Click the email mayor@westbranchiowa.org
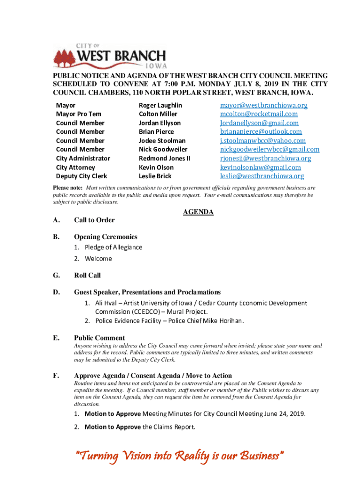pyautogui.click(x=264, y=105)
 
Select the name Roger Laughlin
pyautogui.click(x=160, y=105)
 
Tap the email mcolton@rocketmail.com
pyautogui.click(x=259, y=114)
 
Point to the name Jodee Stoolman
pyautogui.click(x=162, y=141)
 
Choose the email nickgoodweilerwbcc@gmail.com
pyautogui.click(x=270, y=149)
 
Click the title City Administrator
pyautogui.click(x=83, y=158)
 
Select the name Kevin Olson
pyautogui.click(x=156, y=167)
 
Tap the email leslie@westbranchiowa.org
pyautogui.click(x=262, y=176)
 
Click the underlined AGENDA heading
pyautogui.click(x=198, y=212)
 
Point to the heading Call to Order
pyautogui.click(x=94, y=220)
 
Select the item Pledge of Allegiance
pyautogui.click(x=114, y=247)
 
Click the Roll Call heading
pyautogui.click(x=87, y=276)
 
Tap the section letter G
pyautogui.click(x=56, y=276)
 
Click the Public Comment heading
pyautogui.click(x=99, y=338)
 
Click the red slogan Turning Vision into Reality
pyautogui.click(x=180, y=456)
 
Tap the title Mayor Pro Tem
pyautogui.click(x=79, y=114)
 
